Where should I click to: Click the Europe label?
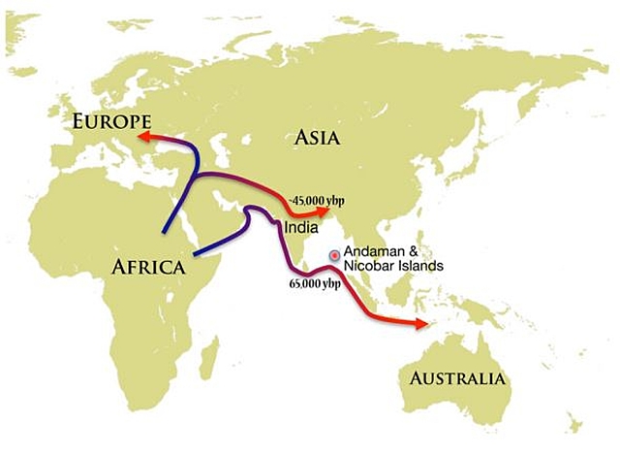(x=111, y=121)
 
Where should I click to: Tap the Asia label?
(x=317, y=138)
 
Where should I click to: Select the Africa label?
(x=147, y=267)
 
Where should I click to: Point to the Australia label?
(x=456, y=377)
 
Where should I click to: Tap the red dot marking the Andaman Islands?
(x=335, y=255)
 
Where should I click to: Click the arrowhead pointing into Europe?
(x=145, y=138)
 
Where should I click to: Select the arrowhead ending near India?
(x=321, y=211)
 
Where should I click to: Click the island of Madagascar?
(x=206, y=357)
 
